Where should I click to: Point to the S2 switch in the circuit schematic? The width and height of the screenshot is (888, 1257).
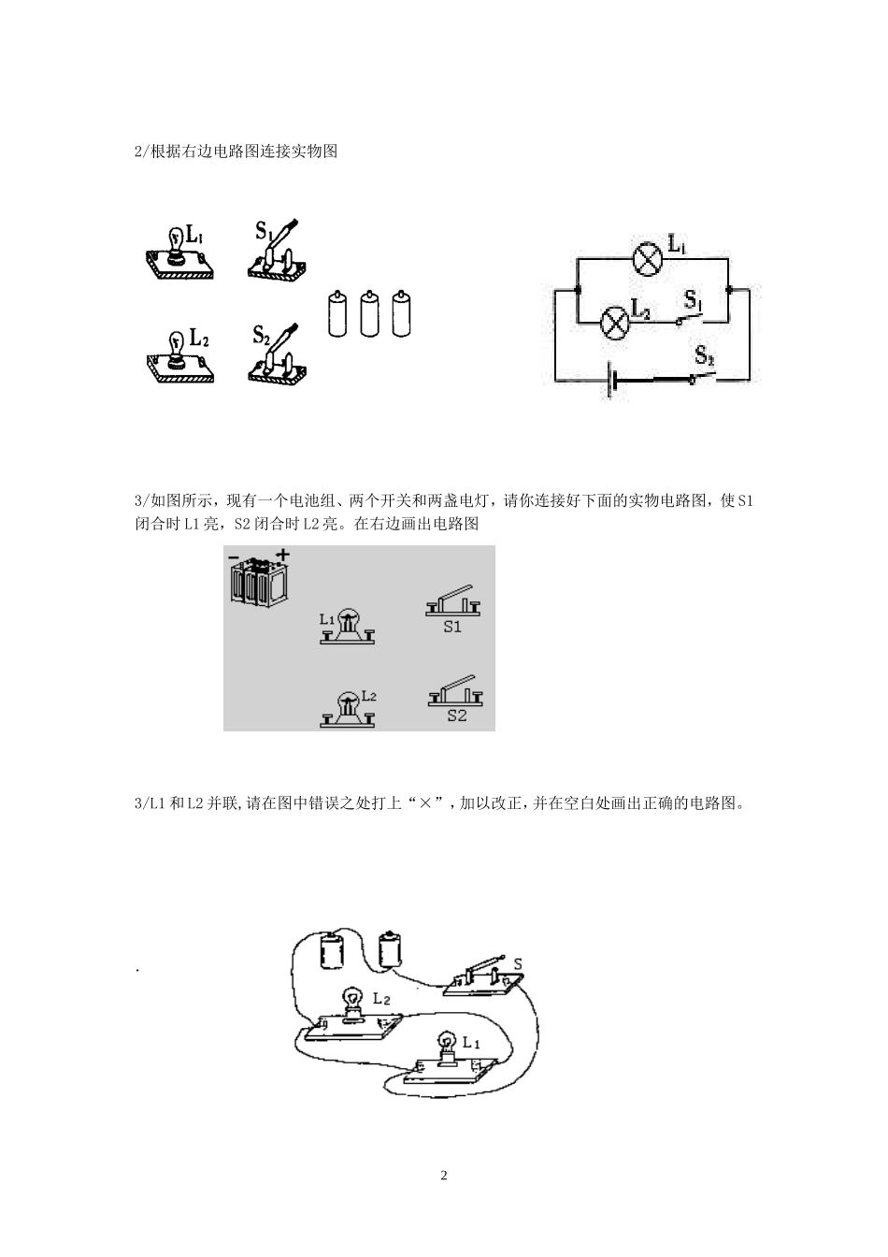pos(703,376)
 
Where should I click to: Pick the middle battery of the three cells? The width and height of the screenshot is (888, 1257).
pos(369,312)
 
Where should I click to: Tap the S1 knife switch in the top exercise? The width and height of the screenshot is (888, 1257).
pos(278,253)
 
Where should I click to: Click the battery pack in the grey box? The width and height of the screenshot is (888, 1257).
pos(260,578)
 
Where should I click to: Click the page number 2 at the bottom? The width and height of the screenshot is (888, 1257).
pos(444,1176)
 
